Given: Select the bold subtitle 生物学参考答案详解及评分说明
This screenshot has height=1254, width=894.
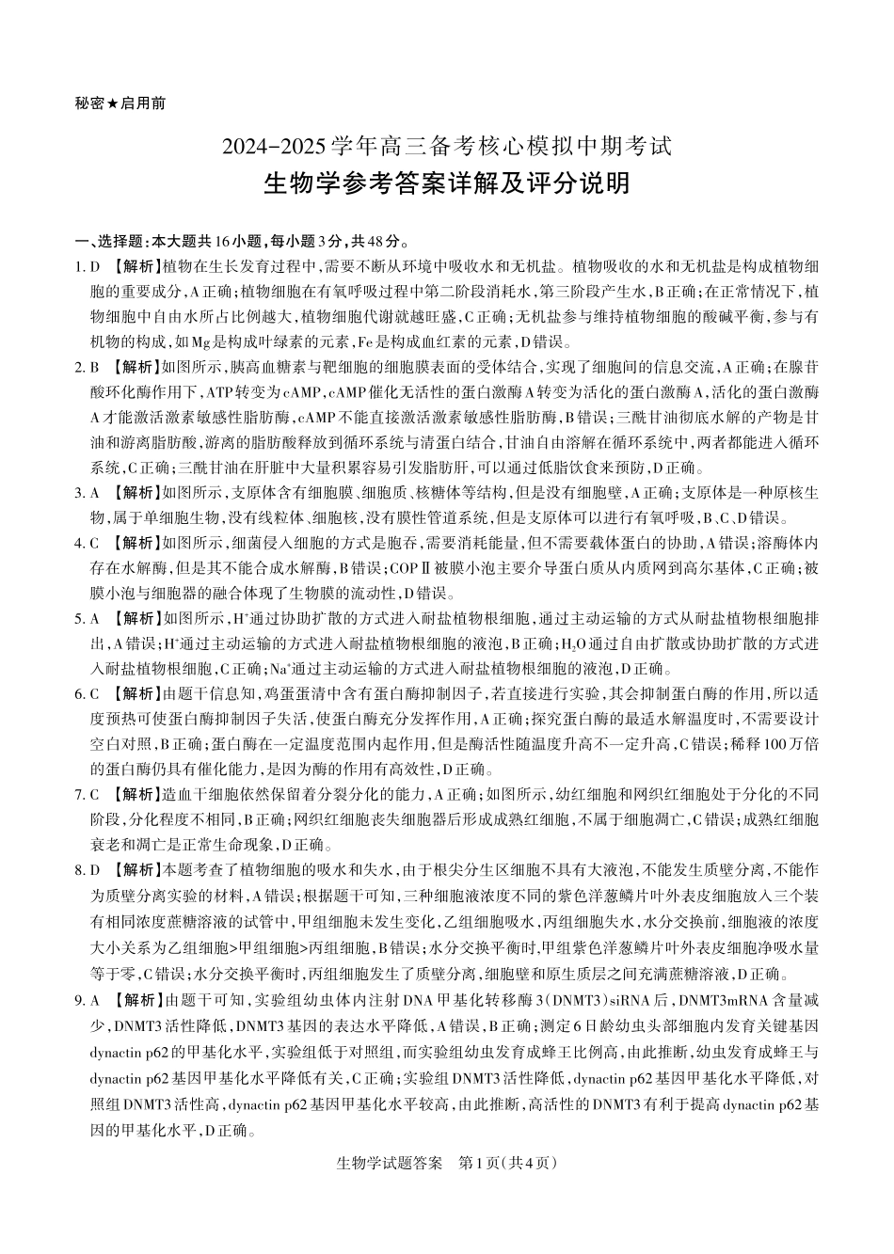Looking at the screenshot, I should (447, 183).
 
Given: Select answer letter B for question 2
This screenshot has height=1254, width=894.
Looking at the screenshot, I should (95, 367).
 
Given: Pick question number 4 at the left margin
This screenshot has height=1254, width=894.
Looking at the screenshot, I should (78, 543).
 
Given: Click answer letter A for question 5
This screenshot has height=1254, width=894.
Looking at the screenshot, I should (95, 618).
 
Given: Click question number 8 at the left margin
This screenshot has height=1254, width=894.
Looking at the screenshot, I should (78, 870).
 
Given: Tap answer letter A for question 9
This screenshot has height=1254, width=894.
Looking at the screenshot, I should (95, 996).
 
